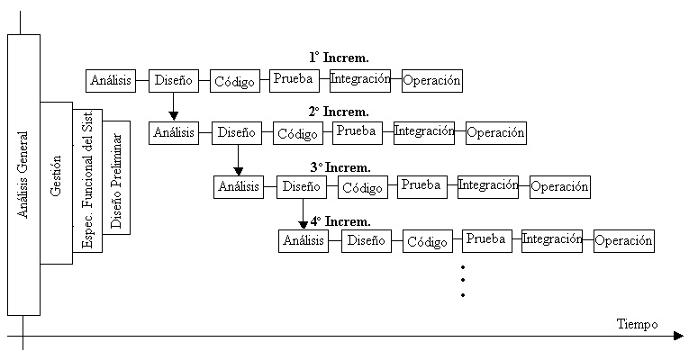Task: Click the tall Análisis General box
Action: point(23,175)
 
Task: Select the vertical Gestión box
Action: point(56,183)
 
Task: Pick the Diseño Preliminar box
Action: point(117,177)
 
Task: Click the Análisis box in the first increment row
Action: point(111,80)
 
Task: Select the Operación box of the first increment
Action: point(432,80)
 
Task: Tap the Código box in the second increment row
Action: point(298,133)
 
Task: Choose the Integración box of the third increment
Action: point(488,185)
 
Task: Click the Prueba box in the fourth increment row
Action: point(486,239)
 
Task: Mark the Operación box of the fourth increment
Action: point(623,240)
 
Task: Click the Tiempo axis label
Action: point(637,324)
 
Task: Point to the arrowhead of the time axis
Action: point(677,337)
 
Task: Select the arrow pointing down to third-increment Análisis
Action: point(238,160)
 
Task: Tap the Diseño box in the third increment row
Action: point(301,187)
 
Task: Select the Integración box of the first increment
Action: point(360,79)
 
